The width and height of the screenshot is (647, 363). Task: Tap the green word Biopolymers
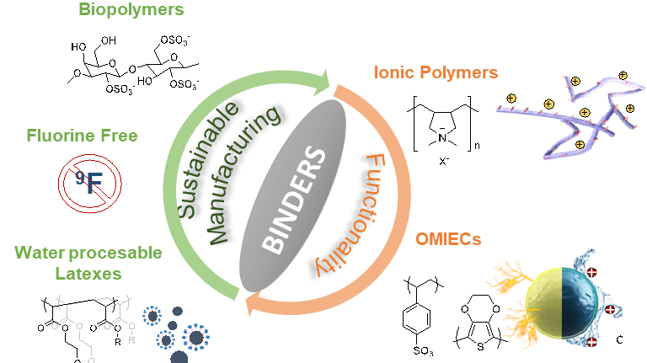coord(131,10)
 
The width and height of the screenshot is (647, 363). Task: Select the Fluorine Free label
coord(82,135)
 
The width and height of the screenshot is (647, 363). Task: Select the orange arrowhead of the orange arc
coord(253,308)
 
